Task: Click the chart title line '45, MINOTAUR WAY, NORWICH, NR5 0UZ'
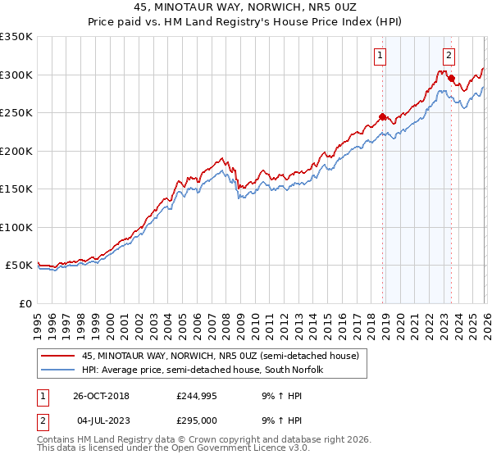(x=246, y=7)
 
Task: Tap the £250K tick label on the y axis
(x=16, y=113)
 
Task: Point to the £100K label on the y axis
(x=16, y=227)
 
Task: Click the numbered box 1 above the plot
(x=381, y=56)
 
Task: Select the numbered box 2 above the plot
(x=450, y=56)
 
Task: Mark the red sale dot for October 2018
(x=383, y=116)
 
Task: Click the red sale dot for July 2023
(x=452, y=79)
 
